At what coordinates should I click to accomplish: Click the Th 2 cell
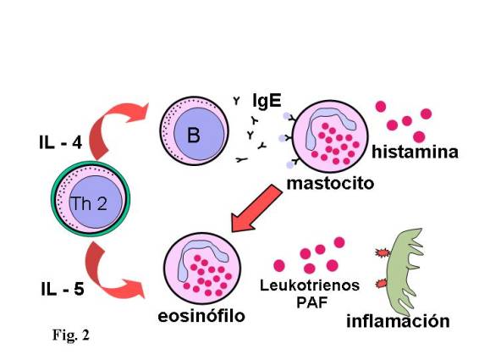[91, 199]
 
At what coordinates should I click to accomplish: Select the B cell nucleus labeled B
[199, 135]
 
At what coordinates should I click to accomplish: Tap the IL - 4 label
[60, 143]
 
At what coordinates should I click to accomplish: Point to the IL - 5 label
[63, 290]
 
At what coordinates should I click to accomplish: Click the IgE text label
[267, 101]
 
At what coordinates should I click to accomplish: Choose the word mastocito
[330, 183]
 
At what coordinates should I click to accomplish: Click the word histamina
[415, 152]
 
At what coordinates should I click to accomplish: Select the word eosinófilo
[201, 316]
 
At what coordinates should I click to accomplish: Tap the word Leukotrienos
[310, 285]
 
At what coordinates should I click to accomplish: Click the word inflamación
[398, 321]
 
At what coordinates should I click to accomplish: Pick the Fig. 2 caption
[71, 335]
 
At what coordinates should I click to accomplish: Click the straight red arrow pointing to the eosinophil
[256, 209]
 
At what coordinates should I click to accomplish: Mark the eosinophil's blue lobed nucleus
[199, 256]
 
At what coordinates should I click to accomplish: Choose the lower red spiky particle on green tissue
[382, 284]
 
